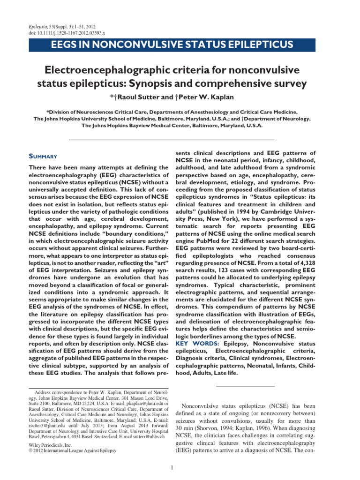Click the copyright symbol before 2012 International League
[31, 450]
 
